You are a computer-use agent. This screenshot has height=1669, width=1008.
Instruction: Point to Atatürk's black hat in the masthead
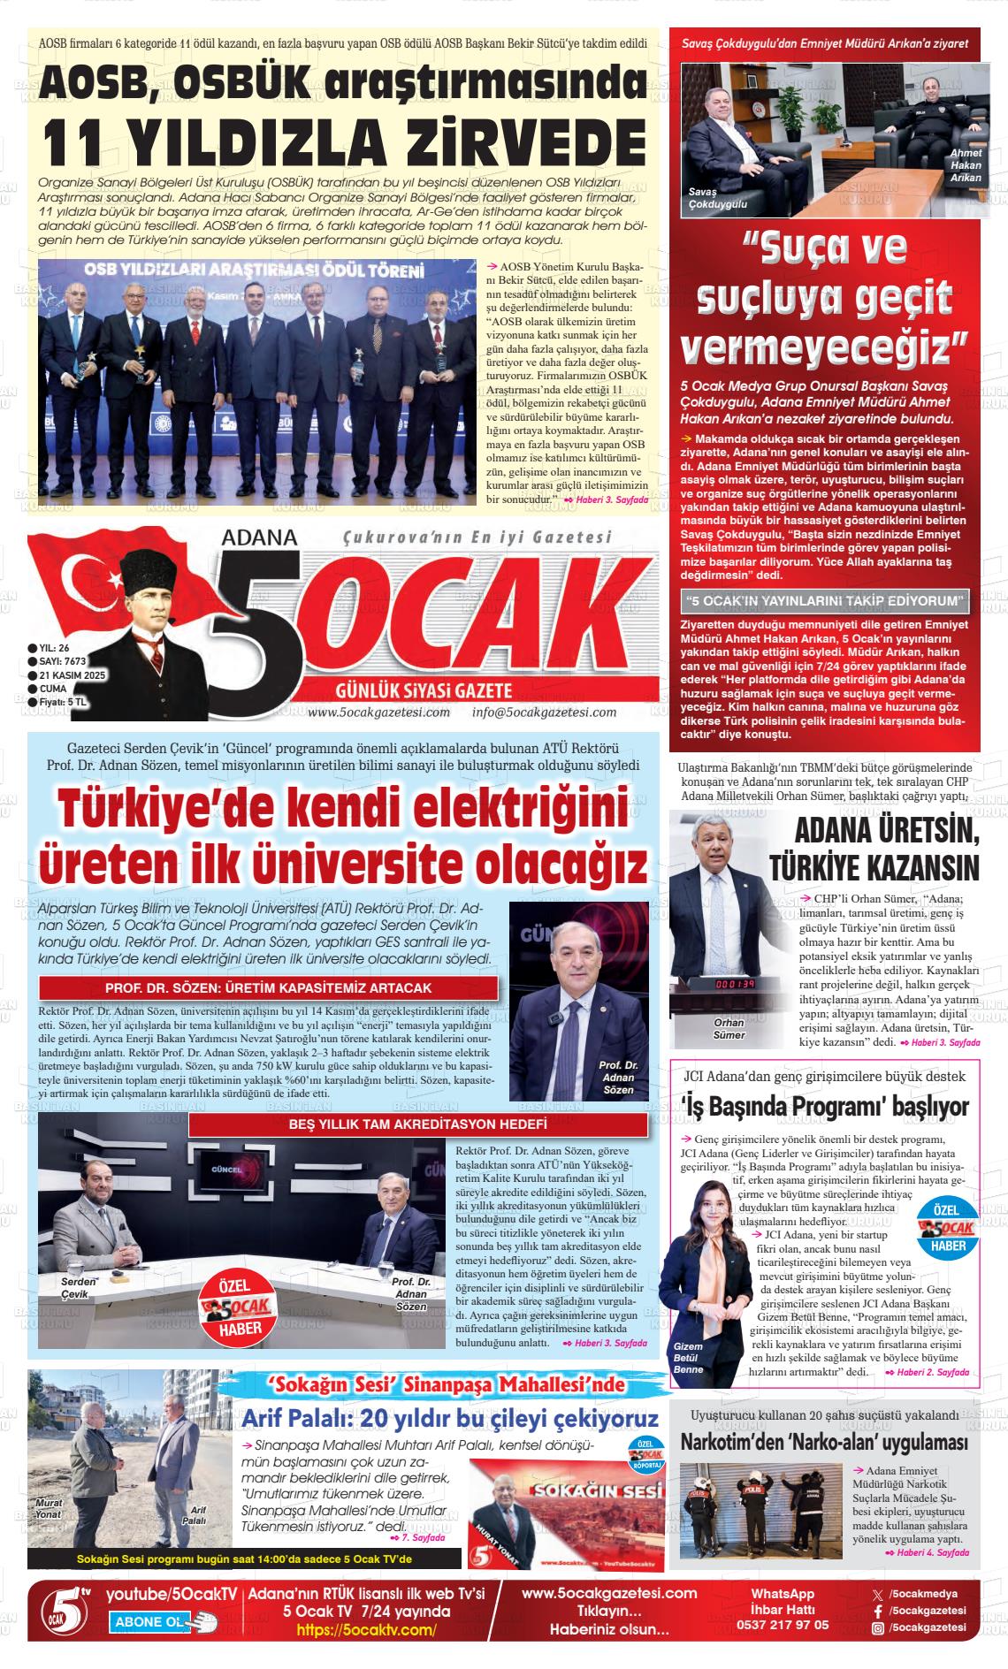pyautogui.click(x=151, y=568)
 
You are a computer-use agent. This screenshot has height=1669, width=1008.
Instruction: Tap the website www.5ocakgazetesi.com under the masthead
pyautogui.click(x=379, y=713)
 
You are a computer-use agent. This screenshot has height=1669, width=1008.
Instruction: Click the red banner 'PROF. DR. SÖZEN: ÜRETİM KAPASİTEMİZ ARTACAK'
pyautogui.click(x=268, y=987)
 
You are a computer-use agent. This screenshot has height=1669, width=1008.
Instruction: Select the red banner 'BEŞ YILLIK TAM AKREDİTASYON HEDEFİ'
pyautogui.click(x=417, y=1124)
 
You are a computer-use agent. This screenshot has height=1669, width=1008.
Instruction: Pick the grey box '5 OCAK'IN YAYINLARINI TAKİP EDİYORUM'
pyautogui.click(x=825, y=601)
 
